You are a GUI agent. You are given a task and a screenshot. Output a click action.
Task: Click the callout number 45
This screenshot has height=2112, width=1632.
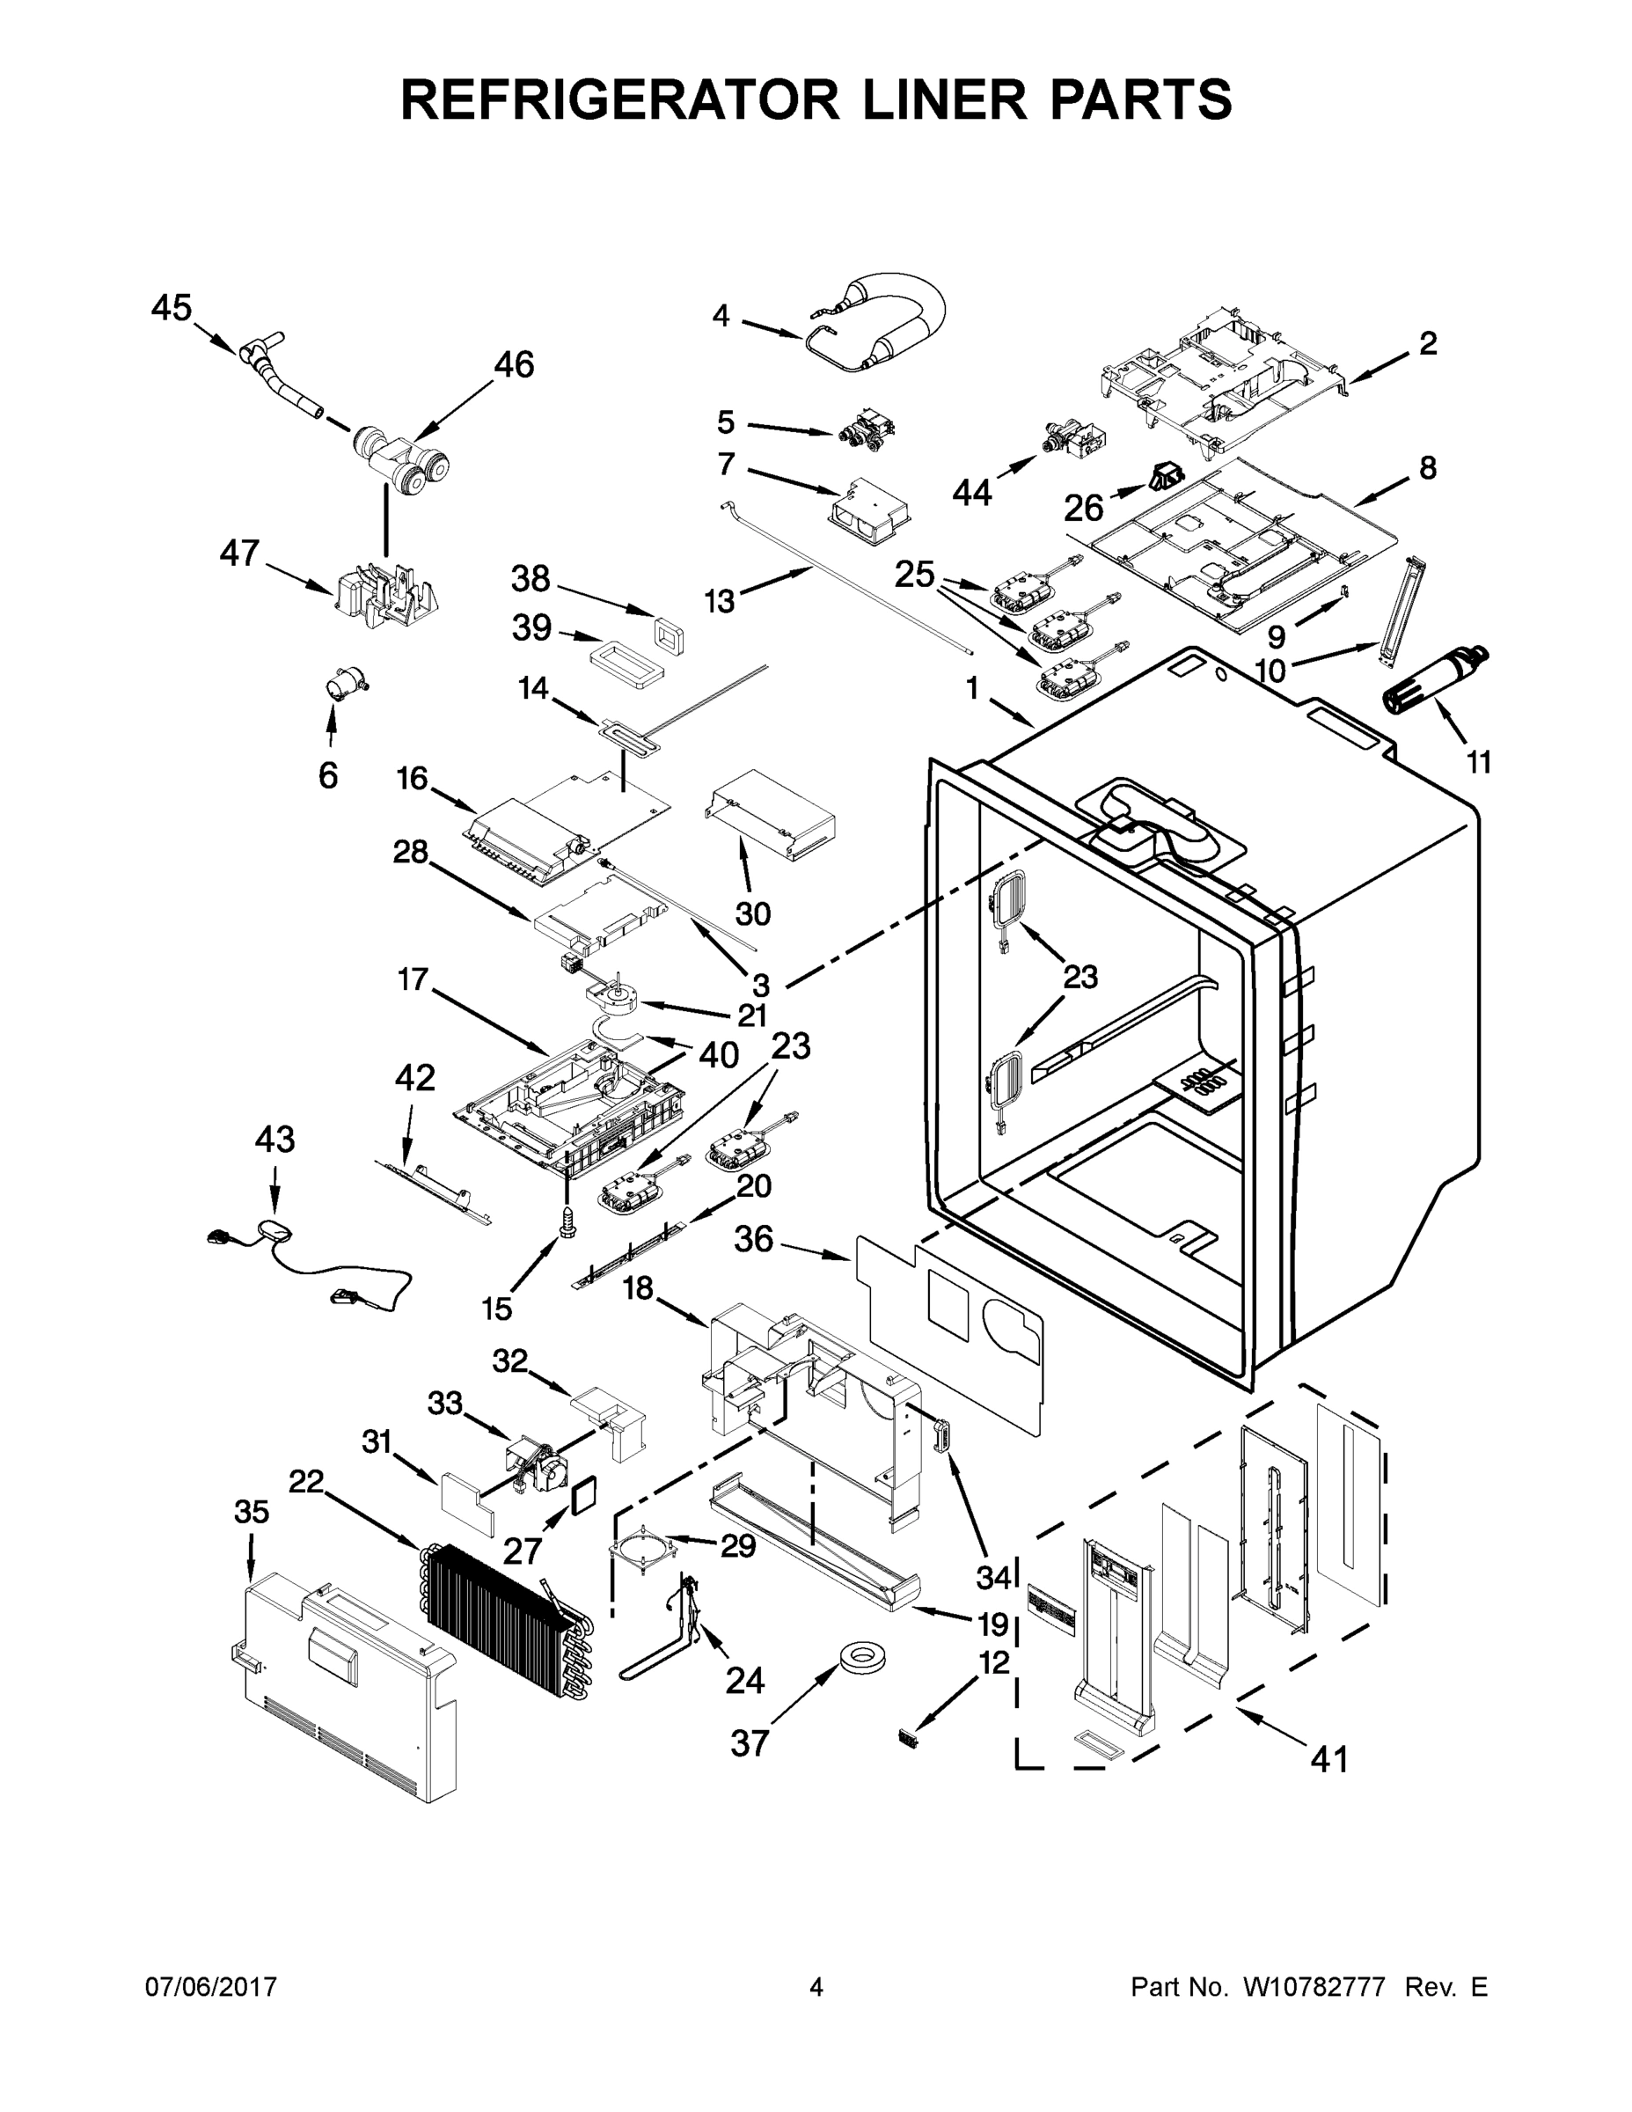pyautogui.click(x=172, y=309)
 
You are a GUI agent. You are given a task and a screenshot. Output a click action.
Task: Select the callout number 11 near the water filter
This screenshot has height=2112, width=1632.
pyautogui.click(x=1478, y=763)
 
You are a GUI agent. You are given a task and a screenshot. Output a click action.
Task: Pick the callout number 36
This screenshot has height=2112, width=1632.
pyautogui.click(x=753, y=1239)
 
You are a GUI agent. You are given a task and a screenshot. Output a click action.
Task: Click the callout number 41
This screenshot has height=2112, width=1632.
pyautogui.click(x=1328, y=1759)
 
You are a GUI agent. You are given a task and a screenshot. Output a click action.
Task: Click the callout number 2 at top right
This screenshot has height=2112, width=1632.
pyautogui.click(x=1428, y=343)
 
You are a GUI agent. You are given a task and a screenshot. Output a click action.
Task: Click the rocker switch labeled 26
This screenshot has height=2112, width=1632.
pyautogui.click(x=1165, y=476)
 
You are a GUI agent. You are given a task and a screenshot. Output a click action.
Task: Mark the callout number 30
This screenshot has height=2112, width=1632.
pyautogui.click(x=753, y=913)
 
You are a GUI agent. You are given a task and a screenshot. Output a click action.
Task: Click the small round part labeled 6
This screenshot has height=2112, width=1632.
pyautogui.click(x=346, y=686)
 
